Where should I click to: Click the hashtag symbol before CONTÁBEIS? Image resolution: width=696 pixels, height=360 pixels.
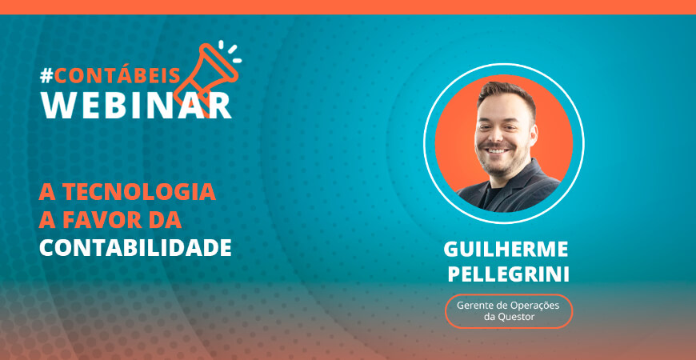[x=46, y=76]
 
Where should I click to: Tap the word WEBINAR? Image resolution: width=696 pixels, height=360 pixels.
[x=136, y=106]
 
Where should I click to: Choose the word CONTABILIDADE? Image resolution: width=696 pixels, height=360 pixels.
[x=135, y=248]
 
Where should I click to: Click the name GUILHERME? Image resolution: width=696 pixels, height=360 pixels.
[x=506, y=249]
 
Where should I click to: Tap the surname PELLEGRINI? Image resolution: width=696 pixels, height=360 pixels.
[x=508, y=274]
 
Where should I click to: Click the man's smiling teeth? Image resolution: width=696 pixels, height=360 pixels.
[x=497, y=151]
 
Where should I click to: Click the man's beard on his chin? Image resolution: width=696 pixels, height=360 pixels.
[x=499, y=168]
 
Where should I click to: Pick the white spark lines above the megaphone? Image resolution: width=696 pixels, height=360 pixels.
[x=230, y=52]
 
